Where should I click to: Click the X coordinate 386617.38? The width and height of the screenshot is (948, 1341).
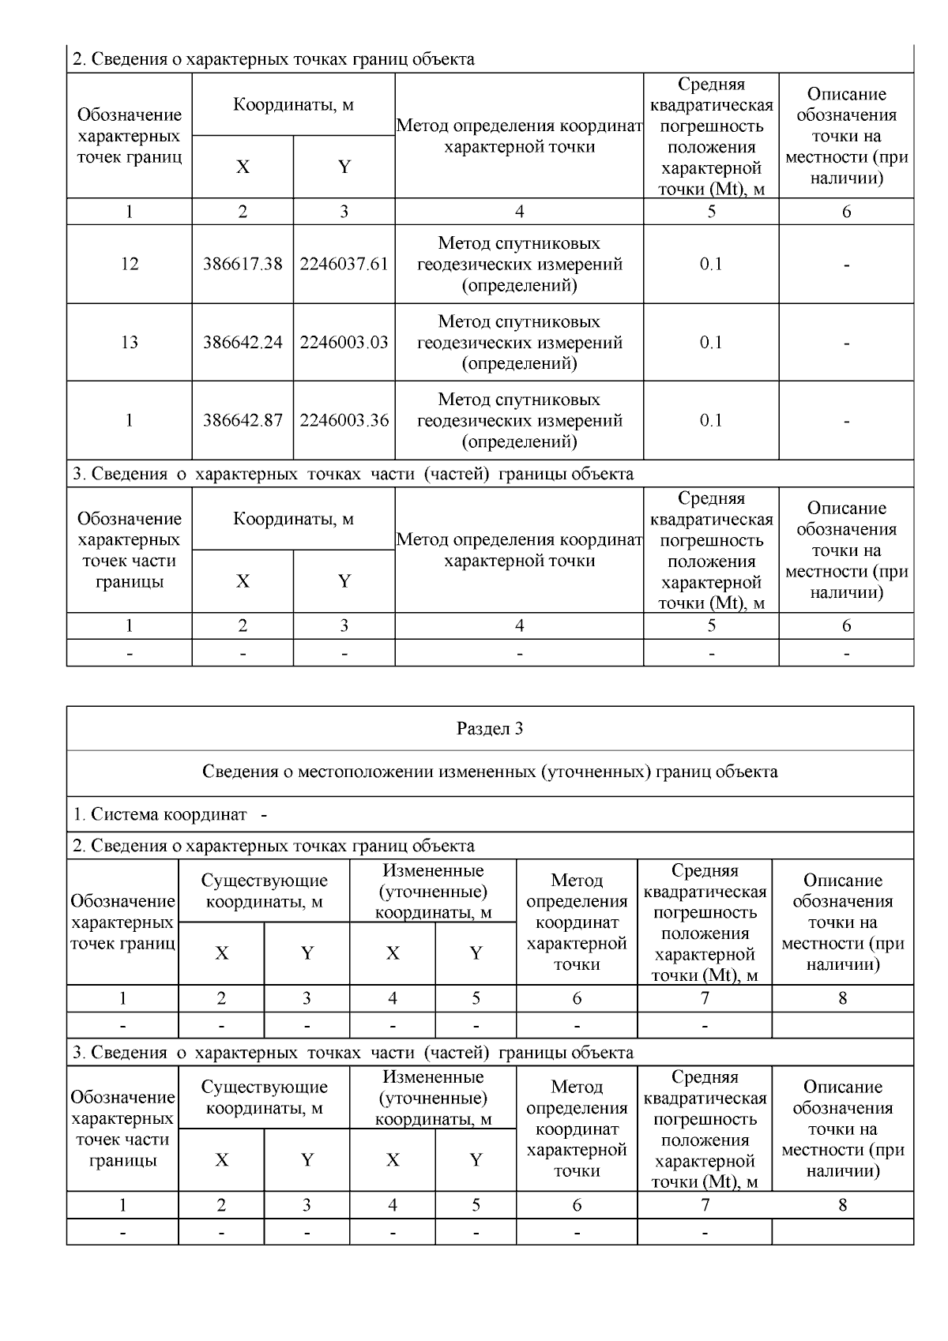pos(243,265)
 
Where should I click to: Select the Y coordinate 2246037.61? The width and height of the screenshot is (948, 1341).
pos(344,265)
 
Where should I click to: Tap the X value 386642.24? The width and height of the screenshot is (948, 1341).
pos(243,343)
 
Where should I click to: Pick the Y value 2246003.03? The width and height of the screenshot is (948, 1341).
pos(344,343)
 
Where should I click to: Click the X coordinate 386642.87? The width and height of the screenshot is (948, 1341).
pos(243,420)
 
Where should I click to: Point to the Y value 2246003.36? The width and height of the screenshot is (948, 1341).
pos(344,420)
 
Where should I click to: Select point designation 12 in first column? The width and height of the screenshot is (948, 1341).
pos(130,265)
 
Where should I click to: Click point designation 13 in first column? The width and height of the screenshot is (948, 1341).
pos(130,343)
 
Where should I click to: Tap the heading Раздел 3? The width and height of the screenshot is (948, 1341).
pos(490,729)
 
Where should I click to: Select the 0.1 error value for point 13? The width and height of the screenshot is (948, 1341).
pos(711,343)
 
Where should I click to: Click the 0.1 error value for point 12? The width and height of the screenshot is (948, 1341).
pos(711,265)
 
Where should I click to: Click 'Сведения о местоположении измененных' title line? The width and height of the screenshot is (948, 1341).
pos(490,772)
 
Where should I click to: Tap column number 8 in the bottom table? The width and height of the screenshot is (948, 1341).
pos(842,1204)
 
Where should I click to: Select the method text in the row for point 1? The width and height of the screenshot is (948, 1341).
pos(519,420)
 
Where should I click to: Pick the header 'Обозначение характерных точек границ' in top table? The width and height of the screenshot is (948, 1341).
pos(130,136)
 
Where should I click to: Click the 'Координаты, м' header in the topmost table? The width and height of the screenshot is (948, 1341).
pos(293,105)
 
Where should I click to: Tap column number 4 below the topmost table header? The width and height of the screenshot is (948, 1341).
pos(519,212)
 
